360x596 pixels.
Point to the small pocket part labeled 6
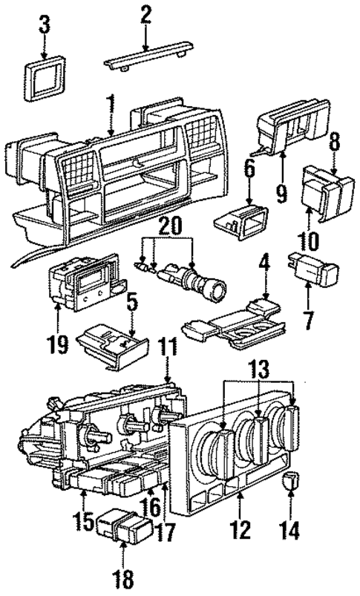(238, 222)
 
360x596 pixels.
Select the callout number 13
(257, 368)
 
